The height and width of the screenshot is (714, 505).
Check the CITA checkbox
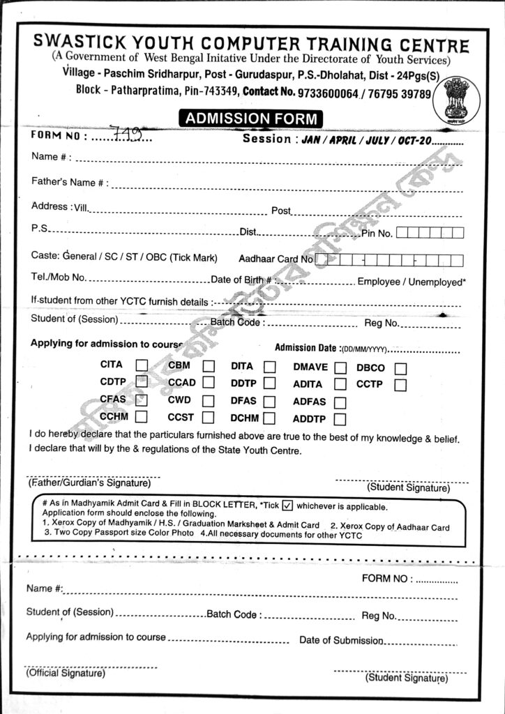(142, 365)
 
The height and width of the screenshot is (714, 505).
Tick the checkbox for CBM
(209, 366)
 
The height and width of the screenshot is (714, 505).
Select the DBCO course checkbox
(400, 368)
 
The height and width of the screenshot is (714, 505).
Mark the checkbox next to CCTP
(400, 384)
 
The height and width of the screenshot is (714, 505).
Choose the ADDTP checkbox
(340, 420)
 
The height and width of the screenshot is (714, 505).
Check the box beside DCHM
(270, 418)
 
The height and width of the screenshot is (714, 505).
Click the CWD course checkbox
(209, 401)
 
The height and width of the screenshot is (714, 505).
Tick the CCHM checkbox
(142, 417)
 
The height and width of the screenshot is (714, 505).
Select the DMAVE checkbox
(340, 367)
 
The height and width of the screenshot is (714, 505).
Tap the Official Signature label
(66, 673)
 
